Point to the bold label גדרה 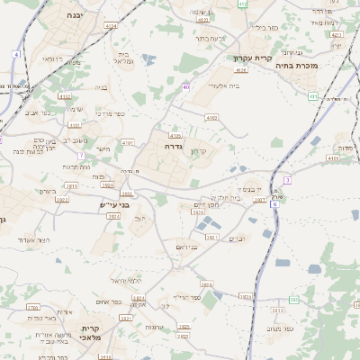pyautogui.click(x=174, y=145)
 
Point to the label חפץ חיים pyautogui.click(x=208, y=204)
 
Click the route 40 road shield pyautogui.click(x=186, y=87)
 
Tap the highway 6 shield pyautogui.click(x=274, y=205)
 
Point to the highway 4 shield pyautogui.click(x=15, y=55)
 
